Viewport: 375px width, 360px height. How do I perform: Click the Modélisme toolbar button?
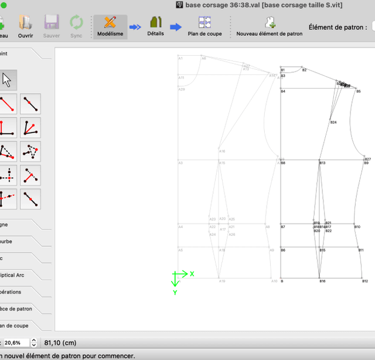point(110,26)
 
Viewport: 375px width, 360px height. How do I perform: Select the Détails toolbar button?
point(155,26)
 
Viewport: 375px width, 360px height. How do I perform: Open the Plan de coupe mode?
point(204,26)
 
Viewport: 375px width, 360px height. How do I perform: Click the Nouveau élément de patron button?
point(270,26)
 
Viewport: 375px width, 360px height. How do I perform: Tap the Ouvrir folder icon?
point(25,26)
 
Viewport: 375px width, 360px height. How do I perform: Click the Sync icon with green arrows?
point(76,26)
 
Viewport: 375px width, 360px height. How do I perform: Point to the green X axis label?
point(192,274)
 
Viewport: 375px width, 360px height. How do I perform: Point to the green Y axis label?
point(175,292)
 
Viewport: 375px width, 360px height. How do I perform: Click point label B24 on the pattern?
point(333,123)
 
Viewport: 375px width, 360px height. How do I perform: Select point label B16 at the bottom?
point(322,281)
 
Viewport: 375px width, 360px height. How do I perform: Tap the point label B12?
point(364,281)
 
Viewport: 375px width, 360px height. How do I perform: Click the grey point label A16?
point(222,151)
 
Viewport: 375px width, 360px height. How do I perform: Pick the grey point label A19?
point(222,281)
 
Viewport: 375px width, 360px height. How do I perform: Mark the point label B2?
point(304,70)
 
